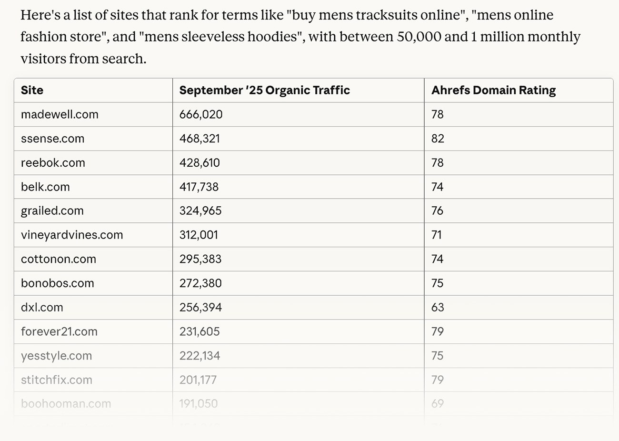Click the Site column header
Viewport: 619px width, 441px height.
click(x=32, y=90)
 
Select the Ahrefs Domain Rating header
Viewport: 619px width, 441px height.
click(x=493, y=90)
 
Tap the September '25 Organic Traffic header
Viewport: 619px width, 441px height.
click(x=264, y=90)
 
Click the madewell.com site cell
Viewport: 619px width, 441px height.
click(x=60, y=115)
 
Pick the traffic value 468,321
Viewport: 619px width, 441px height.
click(x=200, y=139)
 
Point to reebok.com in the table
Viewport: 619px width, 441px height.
click(x=53, y=163)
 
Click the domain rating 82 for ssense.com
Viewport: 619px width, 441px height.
click(x=438, y=139)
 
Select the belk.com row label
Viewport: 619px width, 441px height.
click(x=45, y=187)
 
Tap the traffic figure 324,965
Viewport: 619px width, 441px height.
click(x=200, y=211)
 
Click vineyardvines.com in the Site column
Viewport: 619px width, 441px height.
click(x=72, y=235)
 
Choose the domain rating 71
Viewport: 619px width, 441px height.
click(x=437, y=235)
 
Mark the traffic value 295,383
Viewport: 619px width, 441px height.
click(x=200, y=259)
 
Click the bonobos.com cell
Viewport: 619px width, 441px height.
click(x=58, y=283)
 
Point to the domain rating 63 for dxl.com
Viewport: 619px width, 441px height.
click(x=438, y=308)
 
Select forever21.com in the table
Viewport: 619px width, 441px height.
click(x=59, y=331)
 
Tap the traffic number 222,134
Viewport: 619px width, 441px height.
click(x=200, y=356)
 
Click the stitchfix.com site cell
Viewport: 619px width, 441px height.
click(x=57, y=380)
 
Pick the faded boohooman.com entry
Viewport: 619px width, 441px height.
click(x=66, y=404)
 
